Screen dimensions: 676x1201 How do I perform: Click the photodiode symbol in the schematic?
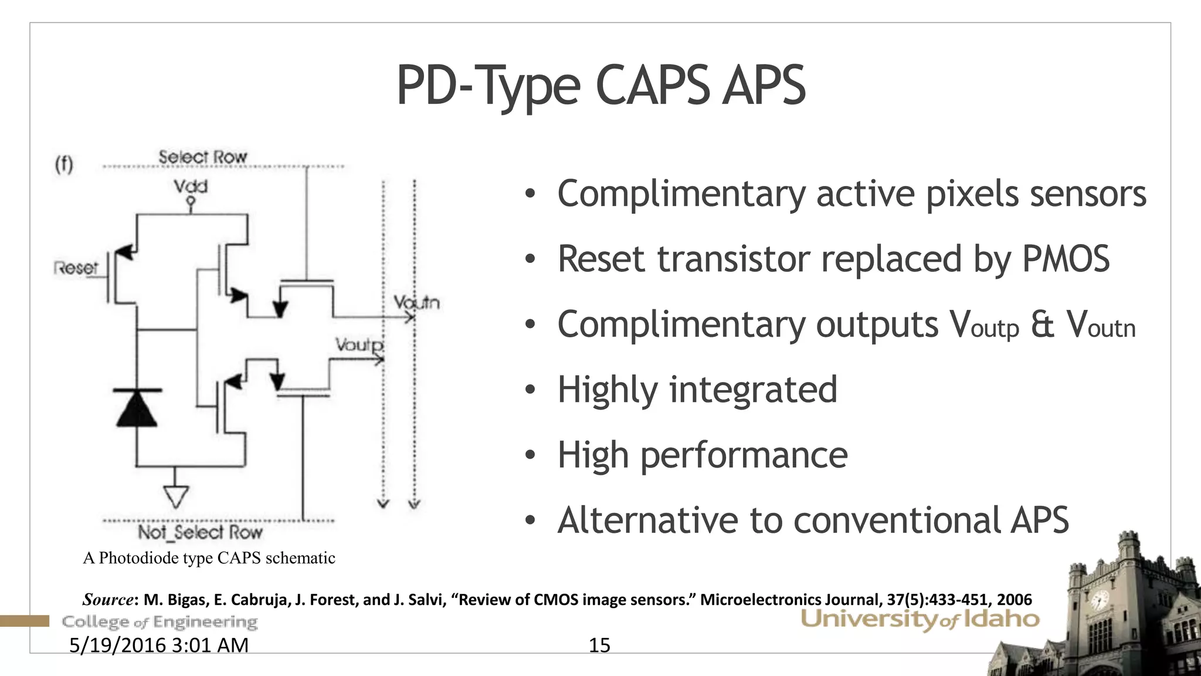137,407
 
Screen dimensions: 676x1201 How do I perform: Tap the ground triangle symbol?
175,496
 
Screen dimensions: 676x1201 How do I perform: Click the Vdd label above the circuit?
190,187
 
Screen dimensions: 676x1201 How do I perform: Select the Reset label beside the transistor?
76,268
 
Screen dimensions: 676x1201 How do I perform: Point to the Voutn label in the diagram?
416,303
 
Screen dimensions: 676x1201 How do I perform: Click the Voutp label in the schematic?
359,344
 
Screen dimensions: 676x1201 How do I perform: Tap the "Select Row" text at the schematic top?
202,157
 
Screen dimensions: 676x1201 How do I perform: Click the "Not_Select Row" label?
200,532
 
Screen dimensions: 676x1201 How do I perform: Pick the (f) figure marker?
64,164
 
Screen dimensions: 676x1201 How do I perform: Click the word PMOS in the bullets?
1066,259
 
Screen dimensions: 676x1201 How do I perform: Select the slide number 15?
599,645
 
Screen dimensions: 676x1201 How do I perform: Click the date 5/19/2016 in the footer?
118,645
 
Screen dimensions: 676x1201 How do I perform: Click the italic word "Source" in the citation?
108,600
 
